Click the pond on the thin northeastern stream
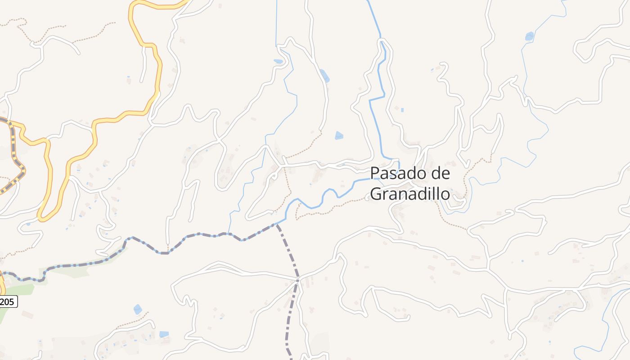tap(529, 36)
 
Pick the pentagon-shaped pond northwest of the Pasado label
tap(339, 135)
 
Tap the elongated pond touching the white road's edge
tap(324, 75)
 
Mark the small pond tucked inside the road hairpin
tap(279, 61)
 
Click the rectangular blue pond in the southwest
tap(164, 334)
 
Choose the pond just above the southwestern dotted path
tap(137, 309)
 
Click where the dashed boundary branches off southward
tap(276, 225)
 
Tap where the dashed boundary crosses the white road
tap(297, 280)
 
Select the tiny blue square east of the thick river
tap(402, 110)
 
